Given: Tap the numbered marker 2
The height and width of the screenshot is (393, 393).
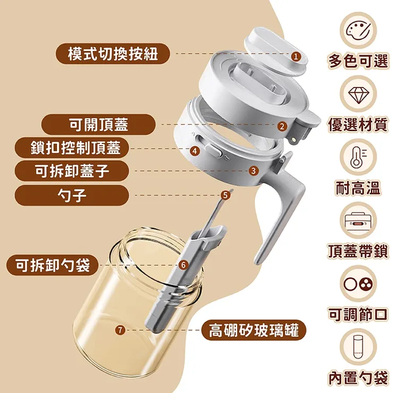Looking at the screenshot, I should click(x=282, y=126).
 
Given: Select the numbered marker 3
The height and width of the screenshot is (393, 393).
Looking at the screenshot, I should click(x=253, y=170).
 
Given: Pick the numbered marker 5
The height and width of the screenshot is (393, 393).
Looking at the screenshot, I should click(x=225, y=195).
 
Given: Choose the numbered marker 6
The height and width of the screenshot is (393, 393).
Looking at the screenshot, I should click(x=183, y=264).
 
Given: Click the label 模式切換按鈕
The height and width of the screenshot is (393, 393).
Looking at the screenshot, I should click(x=113, y=54).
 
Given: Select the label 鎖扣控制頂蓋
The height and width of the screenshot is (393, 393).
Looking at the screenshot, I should click(x=75, y=148).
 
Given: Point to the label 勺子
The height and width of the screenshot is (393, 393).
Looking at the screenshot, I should click(x=72, y=195).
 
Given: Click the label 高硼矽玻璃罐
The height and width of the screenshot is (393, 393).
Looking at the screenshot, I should click(x=253, y=331).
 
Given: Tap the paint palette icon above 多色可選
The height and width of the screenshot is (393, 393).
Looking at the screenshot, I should click(x=358, y=31).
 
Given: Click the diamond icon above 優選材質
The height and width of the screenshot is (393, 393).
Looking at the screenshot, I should click(x=358, y=93).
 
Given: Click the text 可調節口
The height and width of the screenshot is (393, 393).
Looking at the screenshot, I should click(x=358, y=314).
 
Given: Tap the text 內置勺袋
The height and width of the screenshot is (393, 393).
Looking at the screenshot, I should click(x=358, y=378).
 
